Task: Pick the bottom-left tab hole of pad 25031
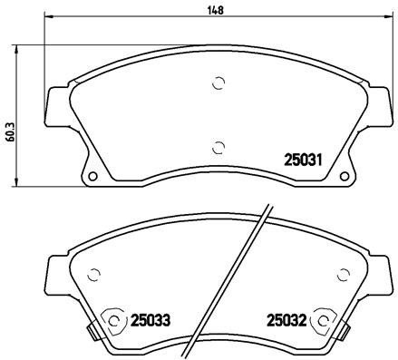pos(91,174)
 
